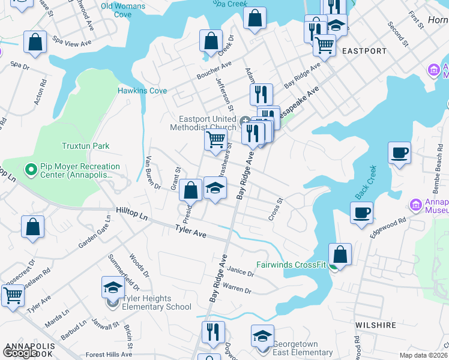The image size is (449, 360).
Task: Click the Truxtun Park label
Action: pyautogui.click(x=86, y=146)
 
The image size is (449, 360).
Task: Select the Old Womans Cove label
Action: pyautogui.click(x=124, y=10)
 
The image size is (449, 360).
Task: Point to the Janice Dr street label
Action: pyautogui.click(x=241, y=272)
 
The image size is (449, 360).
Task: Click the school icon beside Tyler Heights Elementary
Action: pyautogui.click(x=112, y=287)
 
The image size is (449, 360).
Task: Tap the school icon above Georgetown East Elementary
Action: pyautogui.click(x=262, y=335)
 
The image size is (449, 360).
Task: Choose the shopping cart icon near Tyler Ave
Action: pyautogui.click(x=13, y=295)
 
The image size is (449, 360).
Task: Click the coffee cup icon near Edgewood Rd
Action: pyautogui.click(x=362, y=212)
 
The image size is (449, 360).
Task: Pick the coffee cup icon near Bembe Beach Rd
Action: pyautogui.click(x=399, y=152)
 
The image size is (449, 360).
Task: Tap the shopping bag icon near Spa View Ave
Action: pyautogui.click(x=35, y=42)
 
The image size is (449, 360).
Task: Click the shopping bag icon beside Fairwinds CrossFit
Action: pyautogui.click(x=340, y=254)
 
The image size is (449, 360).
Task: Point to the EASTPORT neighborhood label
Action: pyautogui.click(x=364, y=52)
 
